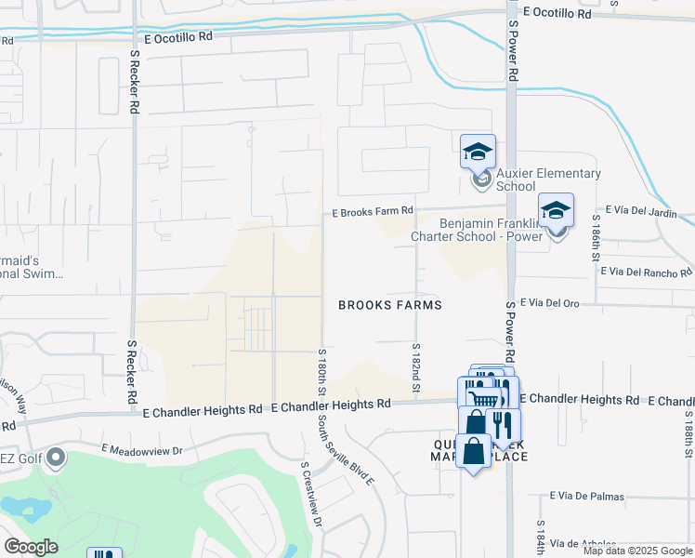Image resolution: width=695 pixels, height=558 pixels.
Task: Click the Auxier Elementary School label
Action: (x=548, y=179)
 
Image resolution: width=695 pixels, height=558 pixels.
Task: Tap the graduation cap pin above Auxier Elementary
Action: (x=479, y=152)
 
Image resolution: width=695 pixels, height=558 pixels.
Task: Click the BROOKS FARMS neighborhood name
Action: (x=389, y=305)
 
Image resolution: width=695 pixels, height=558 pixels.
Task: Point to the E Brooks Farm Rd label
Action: (x=373, y=213)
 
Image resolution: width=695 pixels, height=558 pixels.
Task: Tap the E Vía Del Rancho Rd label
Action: (x=647, y=272)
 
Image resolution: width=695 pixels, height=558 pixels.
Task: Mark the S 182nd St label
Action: (x=416, y=365)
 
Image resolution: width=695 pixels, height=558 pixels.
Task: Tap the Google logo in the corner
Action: (x=32, y=547)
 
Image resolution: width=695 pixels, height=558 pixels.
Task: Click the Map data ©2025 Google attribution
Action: (x=637, y=551)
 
